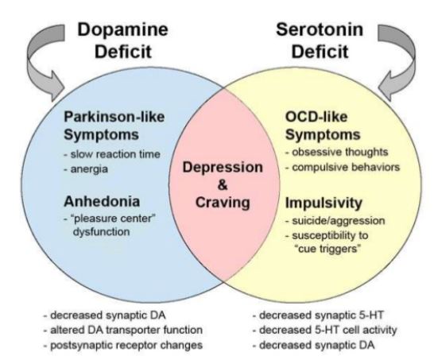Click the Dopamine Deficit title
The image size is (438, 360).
click(123, 41)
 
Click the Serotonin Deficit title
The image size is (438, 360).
click(320, 41)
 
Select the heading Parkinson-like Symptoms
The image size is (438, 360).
click(114, 126)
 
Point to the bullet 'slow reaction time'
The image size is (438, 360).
click(112, 154)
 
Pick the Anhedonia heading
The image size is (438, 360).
click(102, 202)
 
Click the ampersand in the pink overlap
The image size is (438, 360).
click(223, 185)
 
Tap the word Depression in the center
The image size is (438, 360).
click(223, 168)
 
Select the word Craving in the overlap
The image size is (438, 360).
click(223, 203)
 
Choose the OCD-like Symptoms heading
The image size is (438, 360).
click(323, 126)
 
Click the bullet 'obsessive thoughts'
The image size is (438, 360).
click(337, 153)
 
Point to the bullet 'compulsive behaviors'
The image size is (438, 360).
click(343, 168)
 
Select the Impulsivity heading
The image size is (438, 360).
click(324, 203)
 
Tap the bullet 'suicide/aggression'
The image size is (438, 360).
click(335, 221)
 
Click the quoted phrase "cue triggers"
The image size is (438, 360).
click(328, 248)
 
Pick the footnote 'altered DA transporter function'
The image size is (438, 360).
click(123, 330)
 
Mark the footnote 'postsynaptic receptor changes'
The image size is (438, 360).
click(123, 345)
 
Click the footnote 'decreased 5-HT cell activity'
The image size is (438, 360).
click(324, 330)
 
